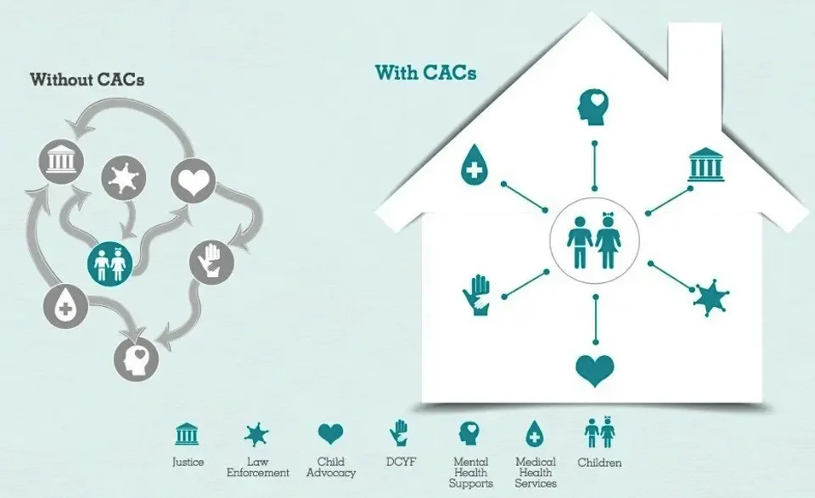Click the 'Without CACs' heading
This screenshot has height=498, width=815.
[87, 81]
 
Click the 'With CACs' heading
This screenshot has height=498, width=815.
[425, 73]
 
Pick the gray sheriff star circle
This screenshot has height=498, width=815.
[123, 178]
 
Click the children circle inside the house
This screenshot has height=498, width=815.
[595, 237]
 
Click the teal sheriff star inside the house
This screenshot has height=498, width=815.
[710, 297]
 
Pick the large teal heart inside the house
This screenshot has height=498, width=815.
[595, 370]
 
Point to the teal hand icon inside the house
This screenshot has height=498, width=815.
[475, 295]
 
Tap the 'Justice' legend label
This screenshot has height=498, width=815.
[188, 462]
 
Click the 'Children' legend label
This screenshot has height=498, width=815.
[599, 463]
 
